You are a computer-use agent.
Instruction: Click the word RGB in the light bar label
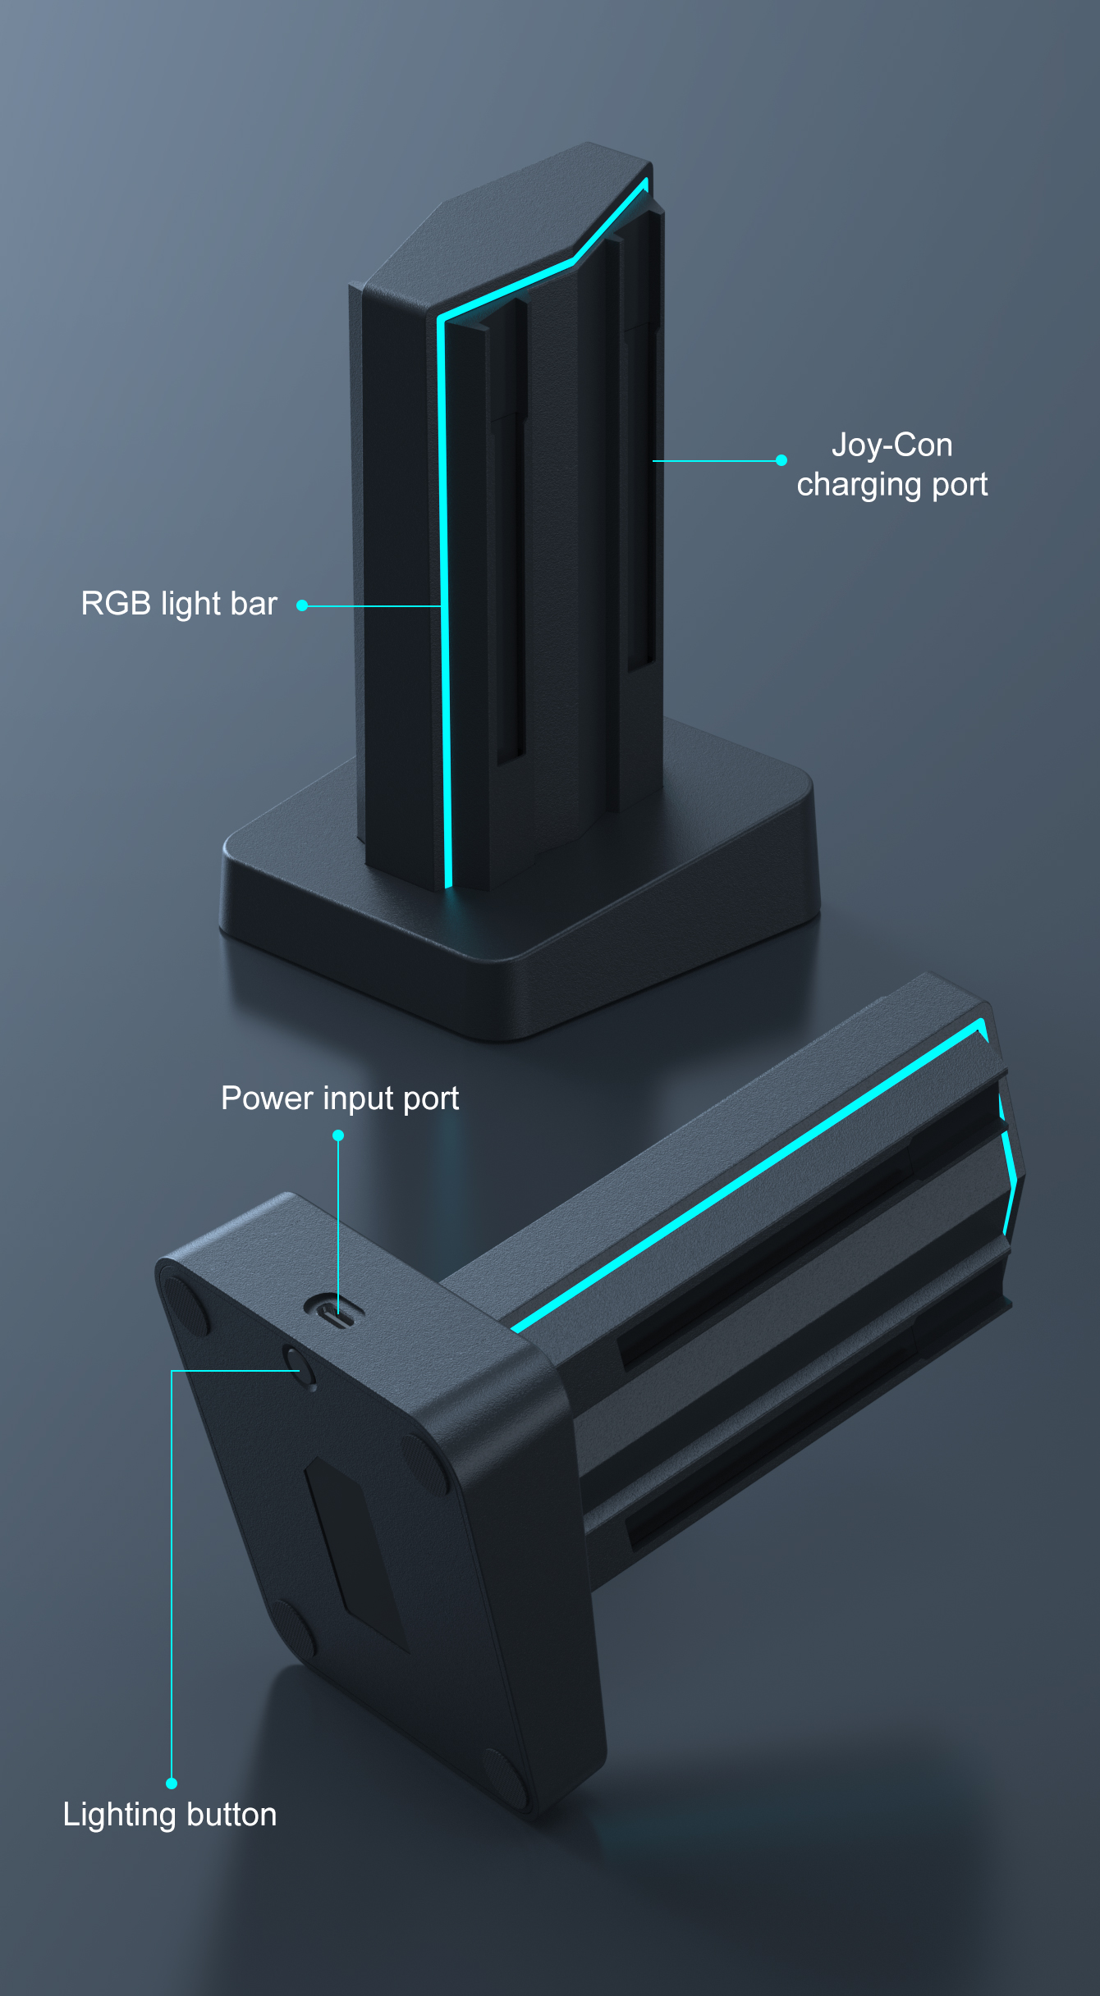pyautogui.click(x=115, y=604)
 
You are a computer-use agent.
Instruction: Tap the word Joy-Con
pyautogui.click(x=891, y=445)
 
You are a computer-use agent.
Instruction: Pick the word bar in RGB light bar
pyautogui.click(x=254, y=604)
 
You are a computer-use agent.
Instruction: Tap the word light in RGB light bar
pyautogui.click(x=190, y=604)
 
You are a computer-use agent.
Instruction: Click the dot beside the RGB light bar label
pyautogui.click(x=302, y=605)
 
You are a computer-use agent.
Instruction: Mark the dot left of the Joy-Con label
pyautogui.click(x=781, y=460)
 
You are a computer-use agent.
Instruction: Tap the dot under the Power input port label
pyautogui.click(x=338, y=1135)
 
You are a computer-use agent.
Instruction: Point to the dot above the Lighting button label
pyautogui.click(x=172, y=1783)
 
